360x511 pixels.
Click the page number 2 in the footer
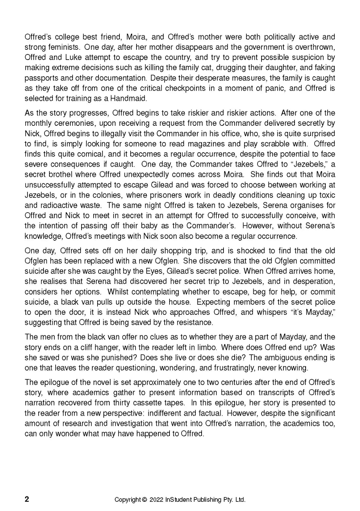coord(27,499)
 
